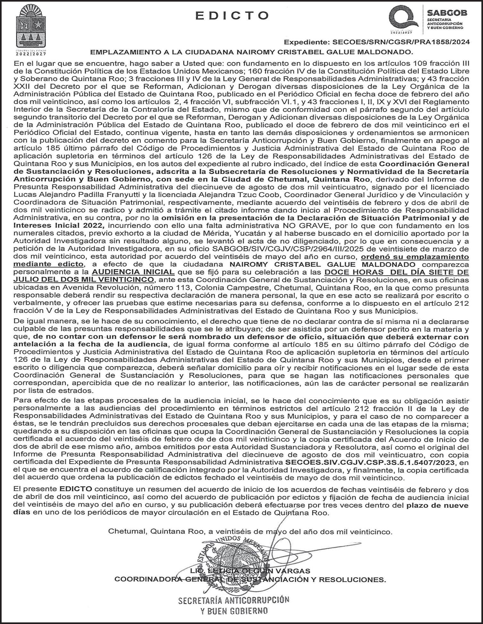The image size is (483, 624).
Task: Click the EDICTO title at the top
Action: (232, 15)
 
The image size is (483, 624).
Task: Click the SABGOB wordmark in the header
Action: (447, 13)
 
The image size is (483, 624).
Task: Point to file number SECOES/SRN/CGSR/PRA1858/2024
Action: (401, 42)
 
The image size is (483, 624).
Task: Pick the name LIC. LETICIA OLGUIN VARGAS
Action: (250, 571)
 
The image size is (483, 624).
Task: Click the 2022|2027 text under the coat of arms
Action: (30, 54)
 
